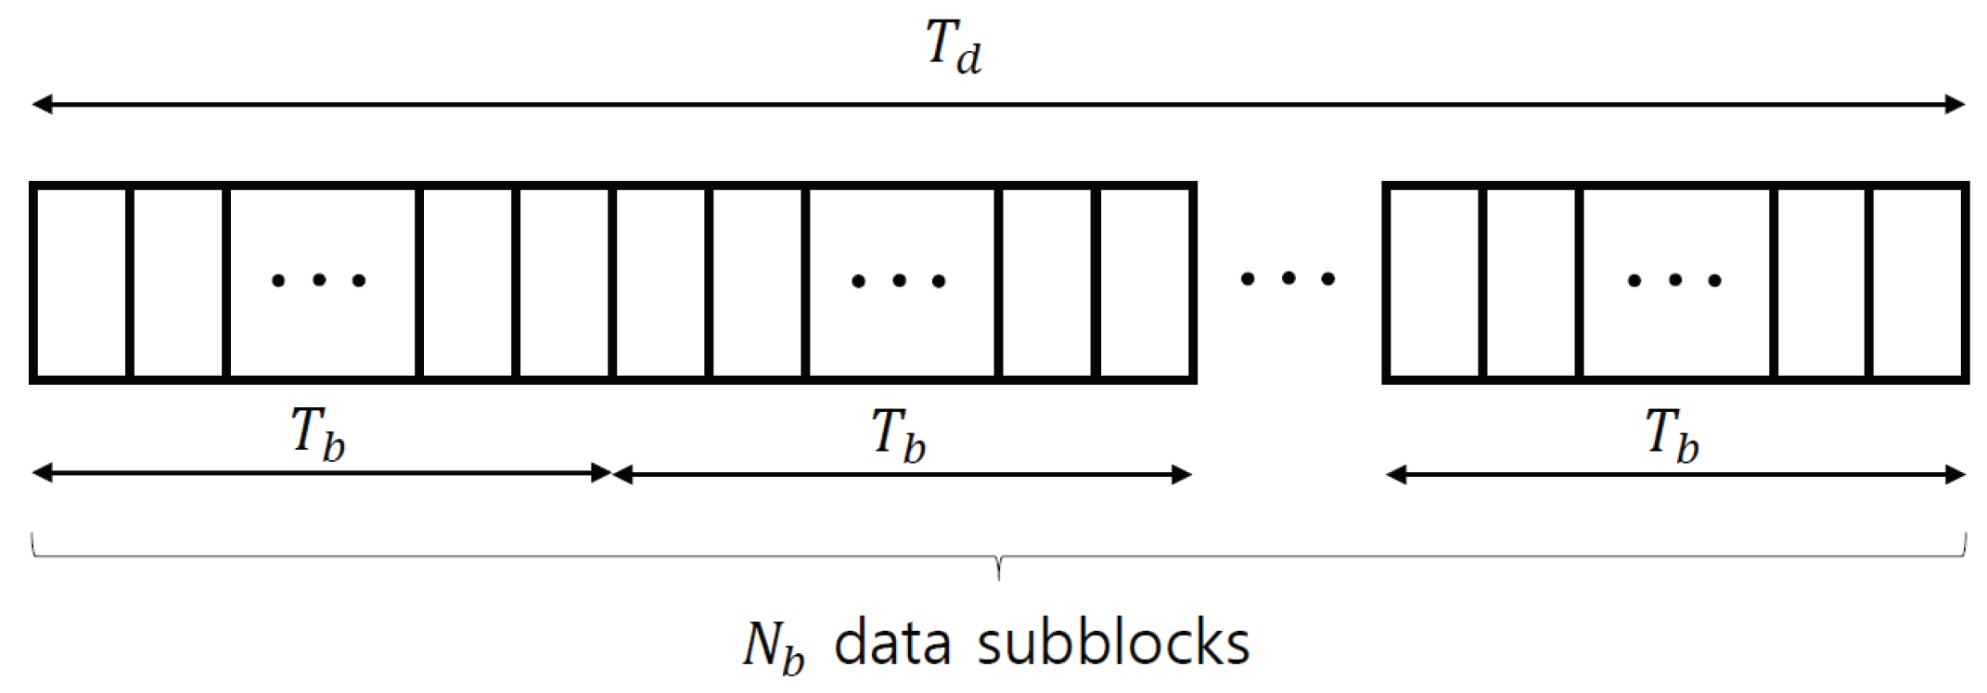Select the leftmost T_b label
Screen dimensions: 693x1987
(x=318, y=434)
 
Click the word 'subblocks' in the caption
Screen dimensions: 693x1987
(x=1112, y=641)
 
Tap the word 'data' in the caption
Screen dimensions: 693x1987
(x=891, y=641)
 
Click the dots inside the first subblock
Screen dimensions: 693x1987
(x=318, y=279)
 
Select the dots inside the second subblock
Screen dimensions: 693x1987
(x=899, y=280)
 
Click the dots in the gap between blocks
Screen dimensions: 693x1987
(x=1288, y=277)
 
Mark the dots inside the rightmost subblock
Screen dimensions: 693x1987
(x=1674, y=279)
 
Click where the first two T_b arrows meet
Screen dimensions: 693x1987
(x=612, y=474)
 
